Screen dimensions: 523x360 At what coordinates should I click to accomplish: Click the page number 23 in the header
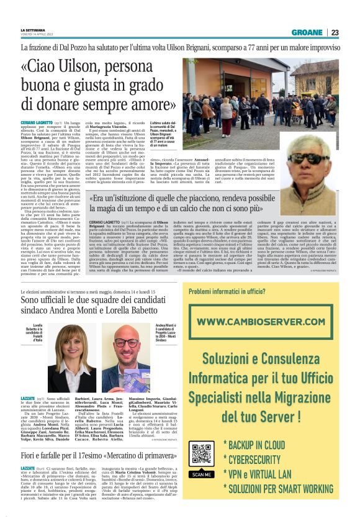click(335, 32)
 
